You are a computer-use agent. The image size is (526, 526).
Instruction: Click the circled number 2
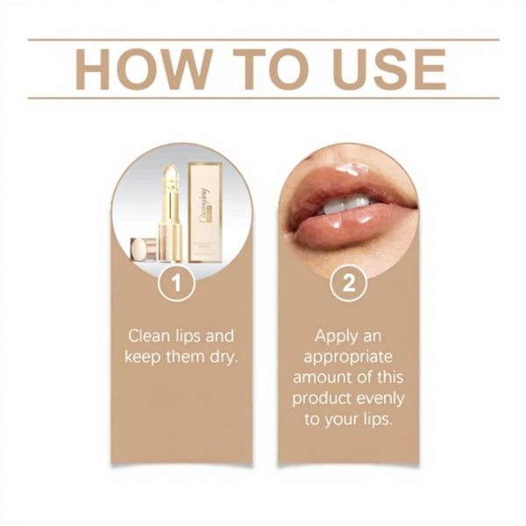[346, 284]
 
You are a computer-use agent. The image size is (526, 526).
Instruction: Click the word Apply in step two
[336, 337]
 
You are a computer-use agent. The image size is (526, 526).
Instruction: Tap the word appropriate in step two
[347, 357]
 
